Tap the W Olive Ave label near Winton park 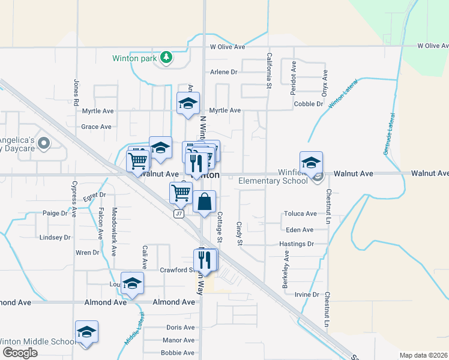(x=228, y=46)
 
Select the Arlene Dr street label (x=224, y=72)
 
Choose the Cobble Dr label (x=309, y=104)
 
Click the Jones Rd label (x=76, y=93)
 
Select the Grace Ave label (x=97, y=127)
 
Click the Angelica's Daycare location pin (x=43, y=143)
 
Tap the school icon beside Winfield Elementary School (x=311, y=163)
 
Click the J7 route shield (x=179, y=214)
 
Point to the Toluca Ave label (x=301, y=214)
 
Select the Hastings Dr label (x=297, y=244)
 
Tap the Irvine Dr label (x=307, y=294)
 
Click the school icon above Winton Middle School (x=86, y=332)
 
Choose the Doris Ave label (x=180, y=328)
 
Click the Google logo (x=19, y=352)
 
